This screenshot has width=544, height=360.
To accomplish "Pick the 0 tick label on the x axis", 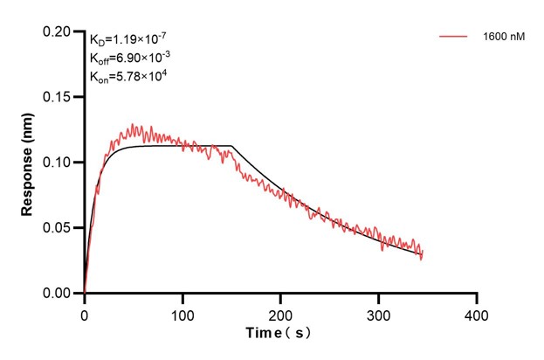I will click(85, 312).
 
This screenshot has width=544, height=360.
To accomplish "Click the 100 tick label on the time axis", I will click(182, 312).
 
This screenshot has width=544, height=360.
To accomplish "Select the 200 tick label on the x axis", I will click(280, 312).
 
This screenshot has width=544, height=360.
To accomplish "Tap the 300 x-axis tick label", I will click(378, 312).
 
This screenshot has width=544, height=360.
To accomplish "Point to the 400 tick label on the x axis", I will click(476, 312).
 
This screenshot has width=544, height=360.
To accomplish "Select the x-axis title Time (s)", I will click(279, 333).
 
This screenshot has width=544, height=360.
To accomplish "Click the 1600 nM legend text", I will click(502, 37).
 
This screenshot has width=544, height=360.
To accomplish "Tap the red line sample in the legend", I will click(455, 37).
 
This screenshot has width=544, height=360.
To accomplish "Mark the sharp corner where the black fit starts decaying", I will click(232, 146).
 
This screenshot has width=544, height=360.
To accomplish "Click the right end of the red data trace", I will click(422, 258).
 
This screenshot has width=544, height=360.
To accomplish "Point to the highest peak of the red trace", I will click(132, 124).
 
